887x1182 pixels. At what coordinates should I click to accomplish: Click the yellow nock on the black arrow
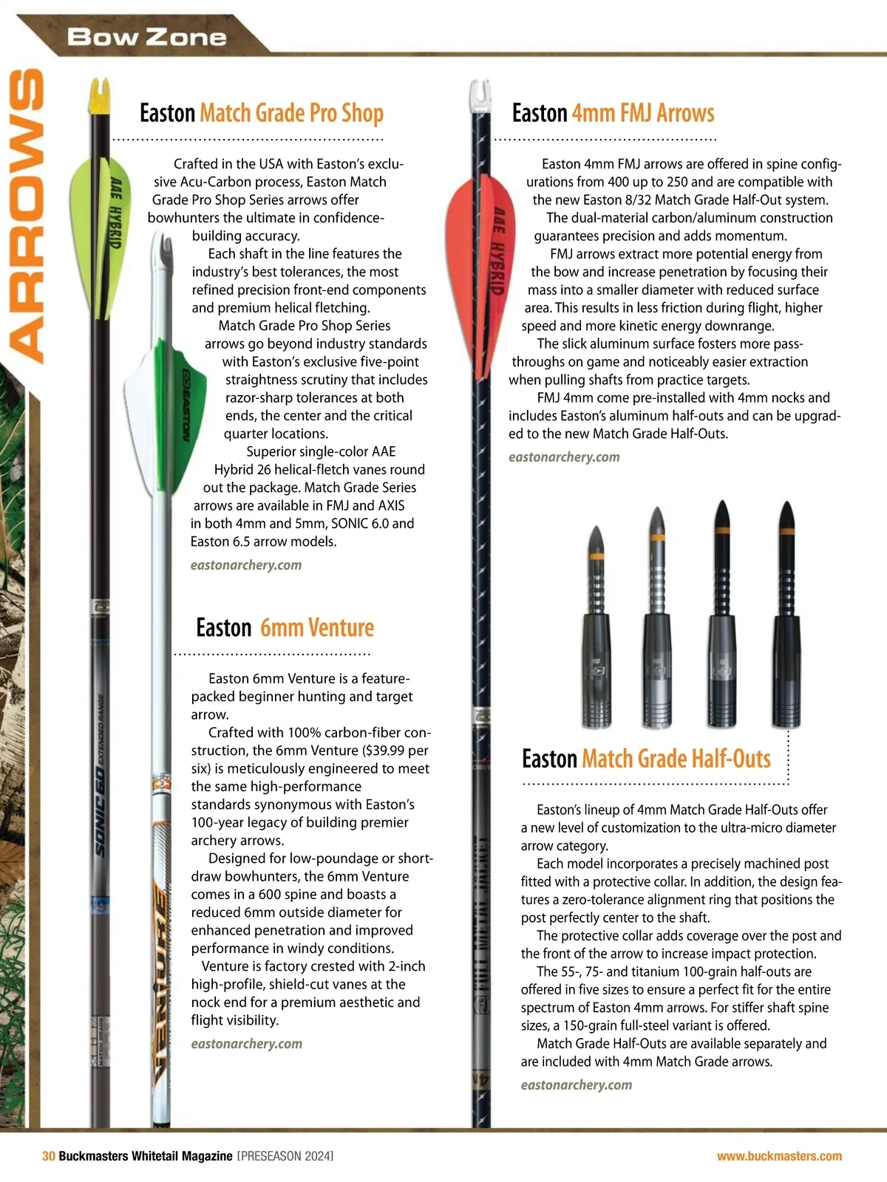[x=100, y=96]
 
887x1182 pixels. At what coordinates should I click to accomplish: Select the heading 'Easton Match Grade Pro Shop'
[x=262, y=113]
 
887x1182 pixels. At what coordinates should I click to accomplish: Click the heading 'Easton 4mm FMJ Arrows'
[x=613, y=113]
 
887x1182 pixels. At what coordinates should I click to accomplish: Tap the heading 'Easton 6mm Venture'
[x=285, y=628]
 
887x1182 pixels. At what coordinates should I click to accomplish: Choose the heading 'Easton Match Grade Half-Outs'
[x=646, y=759]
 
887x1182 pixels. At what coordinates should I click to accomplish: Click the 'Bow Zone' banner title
[x=146, y=37]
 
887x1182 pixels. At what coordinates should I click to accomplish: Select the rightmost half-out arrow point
[x=787, y=613]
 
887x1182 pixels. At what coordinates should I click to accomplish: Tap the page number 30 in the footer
[x=48, y=1156]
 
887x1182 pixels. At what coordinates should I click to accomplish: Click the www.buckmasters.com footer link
[x=779, y=1156]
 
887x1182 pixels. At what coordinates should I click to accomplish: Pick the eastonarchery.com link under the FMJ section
[x=564, y=457]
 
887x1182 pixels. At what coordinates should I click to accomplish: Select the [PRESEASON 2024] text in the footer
[x=285, y=1156]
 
